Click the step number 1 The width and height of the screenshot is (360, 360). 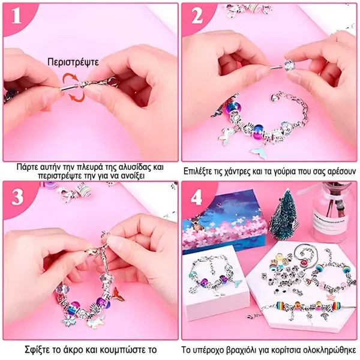click(x=16, y=16)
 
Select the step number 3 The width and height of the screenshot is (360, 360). click(x=17, y=197)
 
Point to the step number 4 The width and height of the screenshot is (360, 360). click(x=197, y=197)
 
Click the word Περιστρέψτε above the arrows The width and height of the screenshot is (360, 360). click(x=73, y=62)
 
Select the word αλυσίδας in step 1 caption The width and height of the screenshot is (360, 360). click(x=131, y=167)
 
